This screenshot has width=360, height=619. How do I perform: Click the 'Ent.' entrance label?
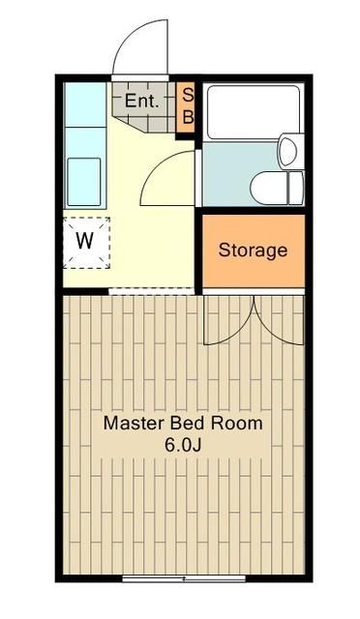(141, 99)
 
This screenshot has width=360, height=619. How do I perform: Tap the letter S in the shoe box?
(189, 95)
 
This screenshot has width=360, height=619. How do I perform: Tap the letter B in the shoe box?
(189, 116)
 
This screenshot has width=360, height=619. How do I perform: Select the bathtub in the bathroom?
(253, 112)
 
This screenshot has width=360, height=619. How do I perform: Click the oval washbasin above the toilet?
(287, 150)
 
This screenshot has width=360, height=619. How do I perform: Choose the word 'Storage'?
(253, 251)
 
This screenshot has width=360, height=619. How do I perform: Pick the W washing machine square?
(86, 242)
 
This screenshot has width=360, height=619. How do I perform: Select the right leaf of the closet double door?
(279, 319)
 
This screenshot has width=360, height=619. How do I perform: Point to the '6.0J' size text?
(183, 446)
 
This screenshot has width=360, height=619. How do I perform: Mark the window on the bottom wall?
(183, 578)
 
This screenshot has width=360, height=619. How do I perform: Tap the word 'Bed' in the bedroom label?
(188, 424)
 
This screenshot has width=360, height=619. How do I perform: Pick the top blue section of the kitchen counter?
(84, 104)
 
